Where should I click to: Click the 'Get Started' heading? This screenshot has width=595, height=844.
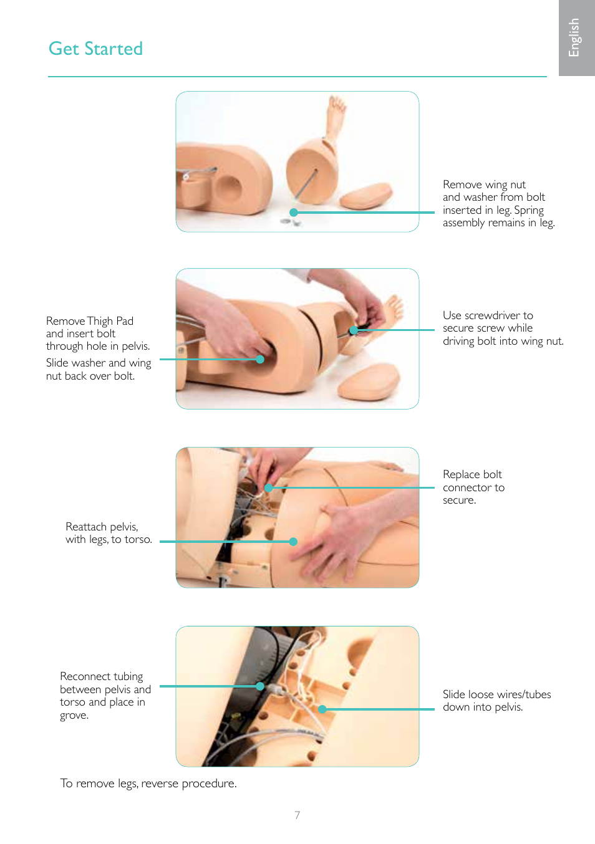[x=95, y=49]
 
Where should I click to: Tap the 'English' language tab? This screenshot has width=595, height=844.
[x=574, y=37]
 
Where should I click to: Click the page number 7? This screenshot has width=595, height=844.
[x=297, y=815]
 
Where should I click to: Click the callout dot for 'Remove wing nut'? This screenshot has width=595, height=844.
[x=294, y=213]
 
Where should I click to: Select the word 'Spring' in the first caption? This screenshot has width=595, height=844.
[x=529, y=210]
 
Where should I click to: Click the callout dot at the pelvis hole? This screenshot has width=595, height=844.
[x=260, y=359]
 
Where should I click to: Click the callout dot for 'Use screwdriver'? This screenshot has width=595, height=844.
[x=354, y=330]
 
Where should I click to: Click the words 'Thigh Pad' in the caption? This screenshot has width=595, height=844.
[x=110, y=321]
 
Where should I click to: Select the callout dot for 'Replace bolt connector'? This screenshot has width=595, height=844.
[x=268, y=487]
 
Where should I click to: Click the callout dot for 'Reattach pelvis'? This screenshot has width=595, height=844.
[x=293, y=542]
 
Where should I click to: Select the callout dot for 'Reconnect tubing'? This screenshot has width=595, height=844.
[x=260, y=686]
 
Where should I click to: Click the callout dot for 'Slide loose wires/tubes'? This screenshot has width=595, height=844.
[x=322, y=709]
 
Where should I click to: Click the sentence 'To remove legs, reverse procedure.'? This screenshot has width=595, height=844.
[x=148, y=784]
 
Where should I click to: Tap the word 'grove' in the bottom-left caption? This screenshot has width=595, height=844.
[x=73, y=716]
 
